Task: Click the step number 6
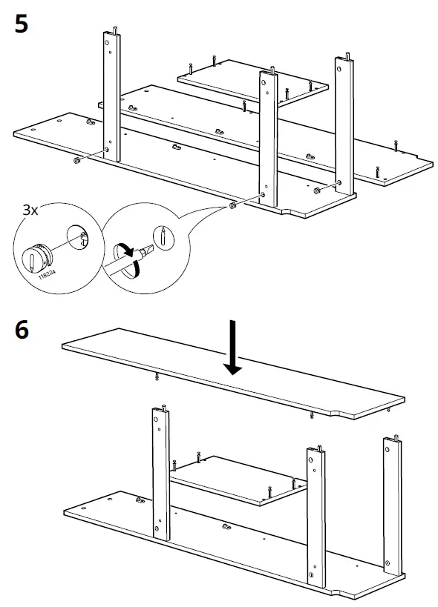click(22, 329)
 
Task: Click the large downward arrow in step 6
click(234, 348)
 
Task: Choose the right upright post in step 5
click(345, 122)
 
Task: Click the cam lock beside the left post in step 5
click(76, 160)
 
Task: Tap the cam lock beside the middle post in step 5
click(233, 206)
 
